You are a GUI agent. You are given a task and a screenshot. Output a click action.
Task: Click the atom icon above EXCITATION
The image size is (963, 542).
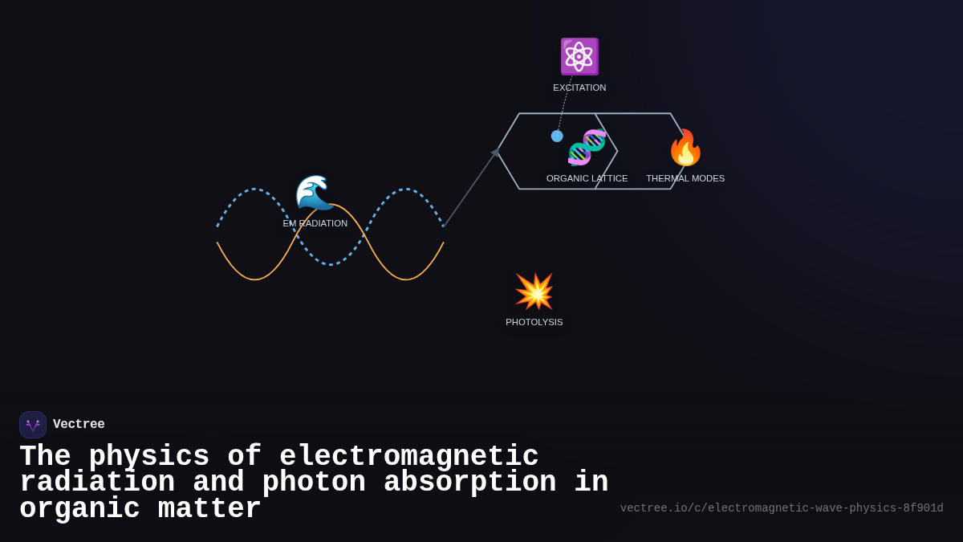(579, 56)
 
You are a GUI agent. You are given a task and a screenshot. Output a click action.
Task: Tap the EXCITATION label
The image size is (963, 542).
(579, 88)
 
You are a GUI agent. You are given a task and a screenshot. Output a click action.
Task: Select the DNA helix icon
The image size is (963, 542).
(587, 147)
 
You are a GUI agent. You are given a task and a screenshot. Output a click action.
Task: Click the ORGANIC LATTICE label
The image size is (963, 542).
(587, 178)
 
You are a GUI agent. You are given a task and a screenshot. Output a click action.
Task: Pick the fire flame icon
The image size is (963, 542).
(685, 148)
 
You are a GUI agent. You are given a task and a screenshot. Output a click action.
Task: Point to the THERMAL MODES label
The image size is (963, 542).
(685, 178)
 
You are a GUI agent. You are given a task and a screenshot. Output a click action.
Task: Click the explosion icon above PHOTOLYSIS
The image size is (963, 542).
(534, 291)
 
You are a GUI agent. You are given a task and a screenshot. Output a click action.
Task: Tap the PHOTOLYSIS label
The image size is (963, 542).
(534, 322)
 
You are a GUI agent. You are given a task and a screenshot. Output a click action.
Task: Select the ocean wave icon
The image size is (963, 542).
(315, 193)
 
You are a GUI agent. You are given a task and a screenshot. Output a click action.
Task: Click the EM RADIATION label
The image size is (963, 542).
(315, 223)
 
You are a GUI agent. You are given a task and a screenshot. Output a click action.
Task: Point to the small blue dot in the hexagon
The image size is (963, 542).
(557, 137)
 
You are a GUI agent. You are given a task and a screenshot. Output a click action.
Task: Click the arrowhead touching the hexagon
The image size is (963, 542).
(495, 152)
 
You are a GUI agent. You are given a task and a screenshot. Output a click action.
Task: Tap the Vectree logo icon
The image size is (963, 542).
(33, 425)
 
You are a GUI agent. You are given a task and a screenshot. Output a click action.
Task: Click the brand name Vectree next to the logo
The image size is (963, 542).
(79, 425)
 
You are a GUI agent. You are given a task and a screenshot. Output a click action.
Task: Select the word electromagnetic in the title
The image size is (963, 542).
(408, 457)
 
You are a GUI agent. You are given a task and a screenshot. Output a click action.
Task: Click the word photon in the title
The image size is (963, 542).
(314, 483)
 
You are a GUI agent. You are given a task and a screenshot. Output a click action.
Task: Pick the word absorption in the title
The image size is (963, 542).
(469, 483)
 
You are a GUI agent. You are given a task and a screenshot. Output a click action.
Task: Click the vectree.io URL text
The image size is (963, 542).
(782, 508)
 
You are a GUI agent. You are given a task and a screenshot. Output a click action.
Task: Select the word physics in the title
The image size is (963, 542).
(148, 457)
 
